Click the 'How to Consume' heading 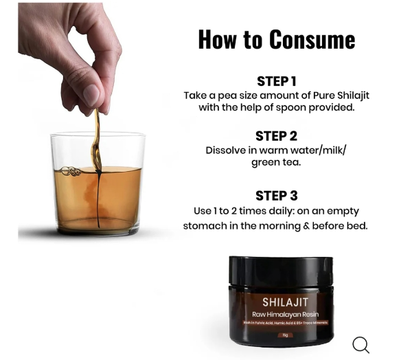[276, 39]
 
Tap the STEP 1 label [276, 81]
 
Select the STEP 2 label [276, 135]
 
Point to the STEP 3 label [276, 195]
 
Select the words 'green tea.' [276, 163]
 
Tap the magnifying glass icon [360, 344]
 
